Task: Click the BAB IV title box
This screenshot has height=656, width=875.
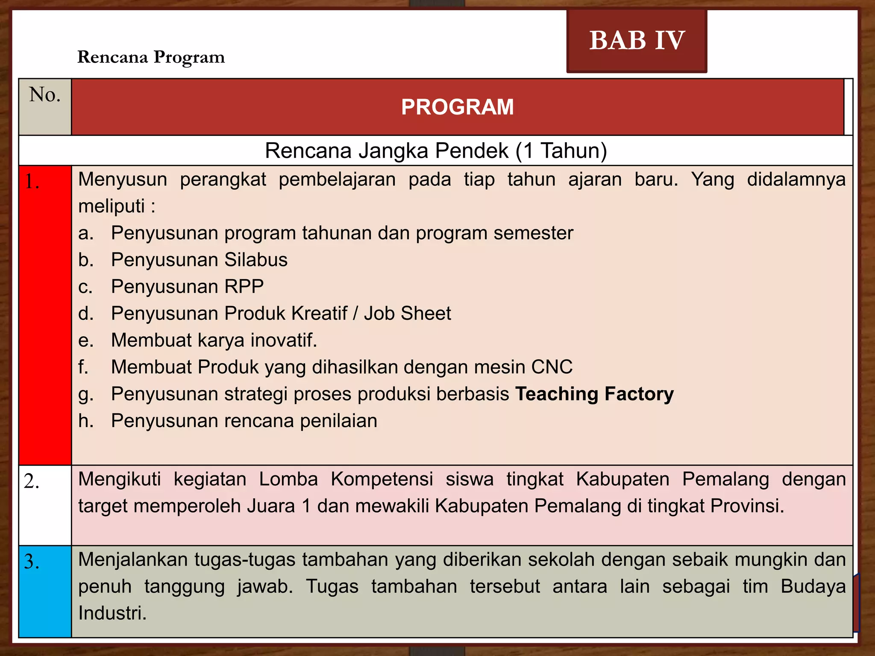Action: tap(637, 41)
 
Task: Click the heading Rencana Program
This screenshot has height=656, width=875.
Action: tap(151, 57)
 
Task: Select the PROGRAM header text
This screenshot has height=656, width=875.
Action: tap(457, 107)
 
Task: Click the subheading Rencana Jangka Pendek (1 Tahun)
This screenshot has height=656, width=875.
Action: tap(436, 151)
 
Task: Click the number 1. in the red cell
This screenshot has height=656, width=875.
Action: tap(32, 182)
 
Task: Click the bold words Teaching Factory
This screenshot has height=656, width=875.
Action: tap(594, 394)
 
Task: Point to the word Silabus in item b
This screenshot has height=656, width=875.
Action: tap(256, 260)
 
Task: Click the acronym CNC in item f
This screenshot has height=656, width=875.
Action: tap(552, 367)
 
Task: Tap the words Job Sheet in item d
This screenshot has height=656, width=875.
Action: tap(407, 313)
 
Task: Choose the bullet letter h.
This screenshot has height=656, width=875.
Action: tap(85, 421)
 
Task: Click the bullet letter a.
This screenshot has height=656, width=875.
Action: tap(85, 233)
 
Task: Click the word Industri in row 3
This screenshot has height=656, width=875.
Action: tap(112, 613)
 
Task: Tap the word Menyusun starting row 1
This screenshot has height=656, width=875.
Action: tap(123, 179)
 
